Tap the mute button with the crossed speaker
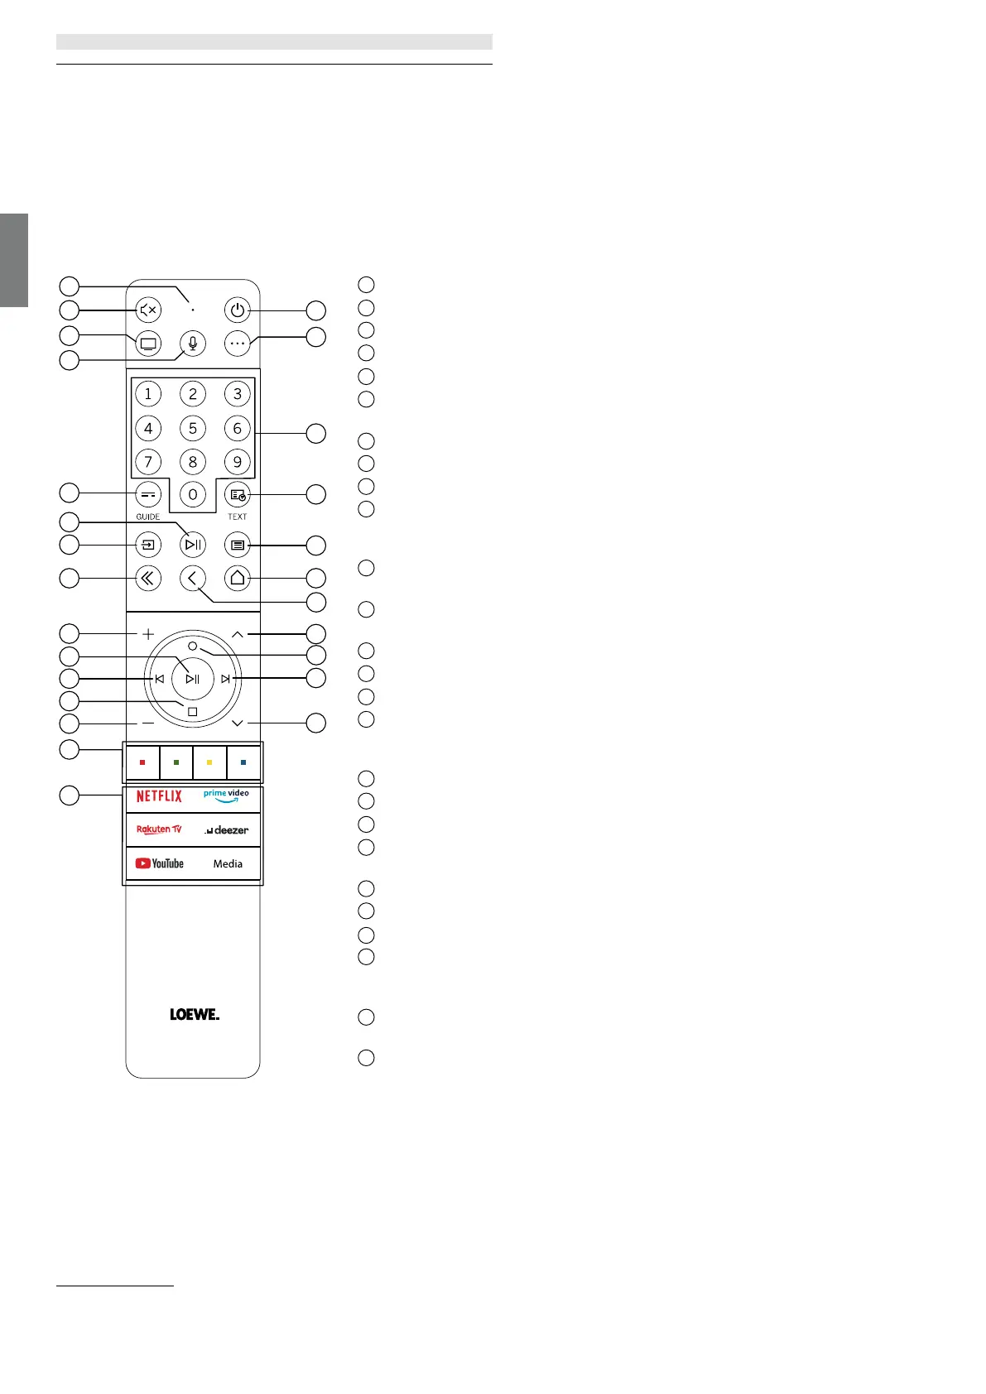148,310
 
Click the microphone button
193,343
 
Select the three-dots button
238,343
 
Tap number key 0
193,495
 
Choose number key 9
238,462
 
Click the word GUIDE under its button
148,517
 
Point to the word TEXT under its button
238,517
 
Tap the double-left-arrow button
148,579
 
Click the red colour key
142,762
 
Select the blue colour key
243,762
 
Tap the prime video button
226,796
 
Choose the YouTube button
160,863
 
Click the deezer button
226,829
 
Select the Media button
228,863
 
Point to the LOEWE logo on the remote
195,1015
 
